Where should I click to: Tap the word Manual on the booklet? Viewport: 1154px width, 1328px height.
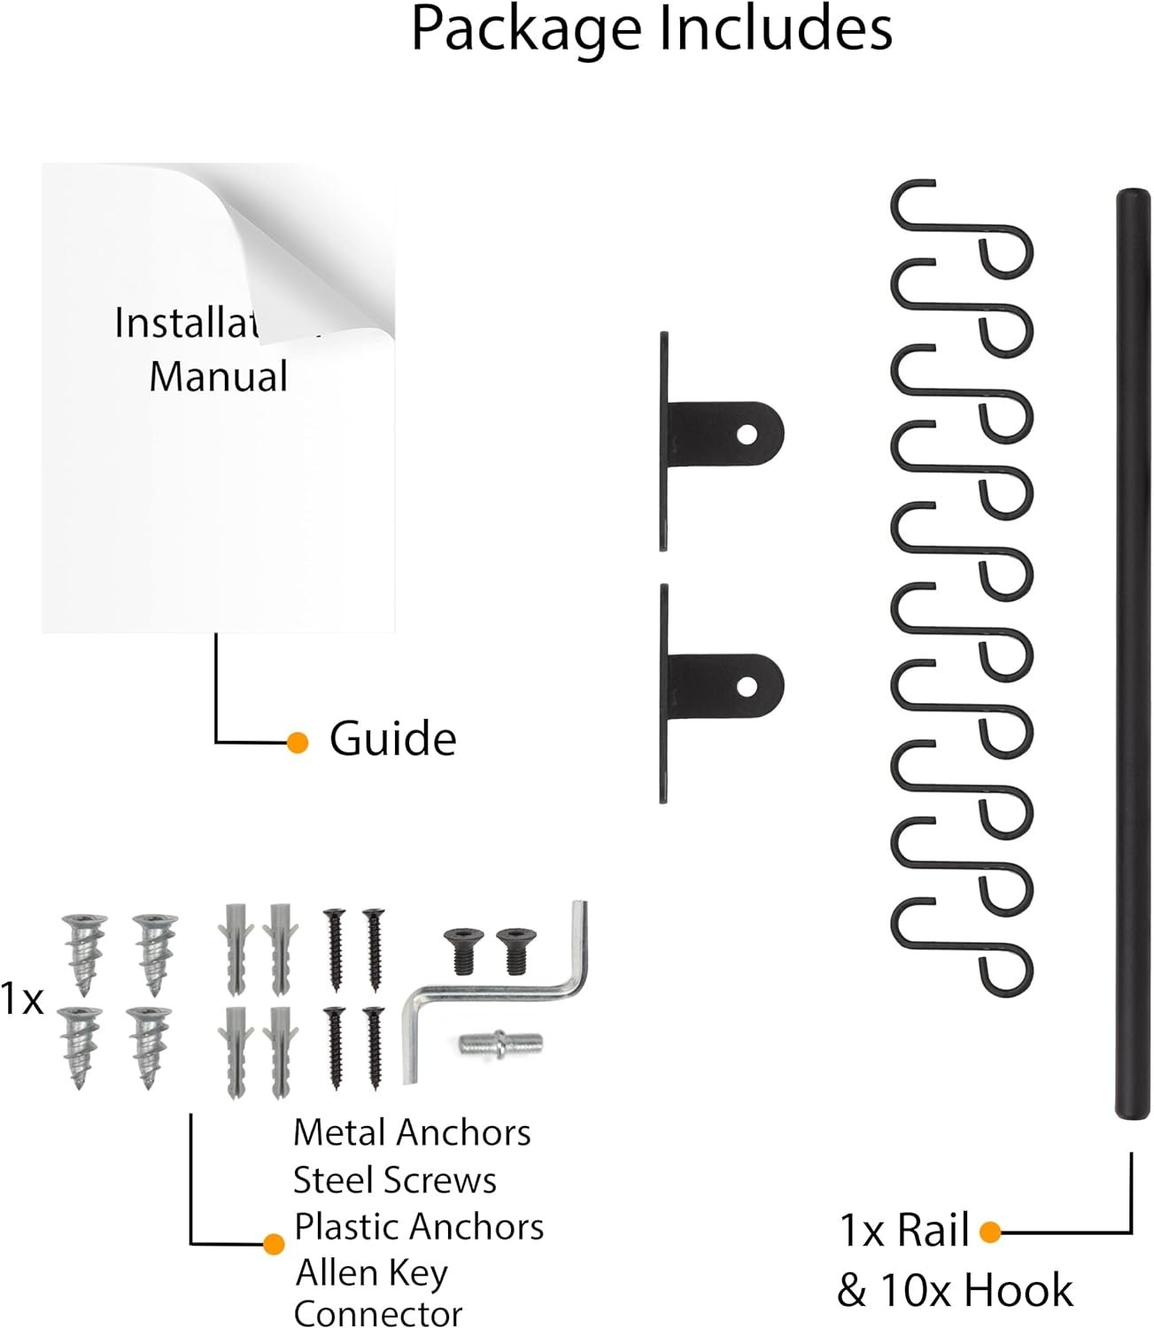tap(218, 375)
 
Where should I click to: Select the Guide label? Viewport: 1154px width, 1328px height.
tap(392, 739)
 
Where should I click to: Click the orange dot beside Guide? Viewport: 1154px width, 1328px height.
tap(298, 742)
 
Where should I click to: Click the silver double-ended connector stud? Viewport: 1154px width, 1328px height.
tap(500, 1042)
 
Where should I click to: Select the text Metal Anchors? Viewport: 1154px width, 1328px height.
tap(412, 1132)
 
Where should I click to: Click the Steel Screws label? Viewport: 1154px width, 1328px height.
tap(394, 1180)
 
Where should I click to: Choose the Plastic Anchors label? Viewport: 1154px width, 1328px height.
tap(419, 1227)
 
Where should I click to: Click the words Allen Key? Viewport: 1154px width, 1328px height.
tap(372, 1273)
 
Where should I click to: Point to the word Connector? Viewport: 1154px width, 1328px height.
tap(378, 1314)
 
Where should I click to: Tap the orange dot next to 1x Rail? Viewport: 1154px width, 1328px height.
tap(990, 1231)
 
